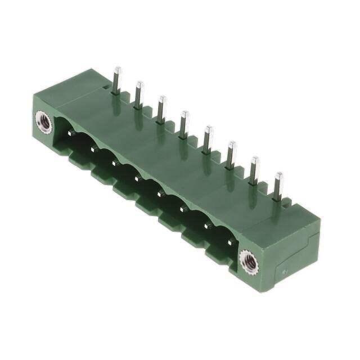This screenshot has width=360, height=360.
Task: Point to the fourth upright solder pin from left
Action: coord(183,123)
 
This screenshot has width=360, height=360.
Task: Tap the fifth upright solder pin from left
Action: coord(207,138)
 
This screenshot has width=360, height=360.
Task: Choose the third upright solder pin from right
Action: coord(230,154)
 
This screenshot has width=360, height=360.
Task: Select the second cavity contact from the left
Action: coord(93,148)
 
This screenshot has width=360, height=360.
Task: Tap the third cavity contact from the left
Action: coord(115,163)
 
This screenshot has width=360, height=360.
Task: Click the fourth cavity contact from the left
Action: coord(137,178)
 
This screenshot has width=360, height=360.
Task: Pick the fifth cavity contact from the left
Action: coord(160,194)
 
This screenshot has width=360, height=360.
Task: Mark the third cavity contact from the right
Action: coord(182,210)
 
